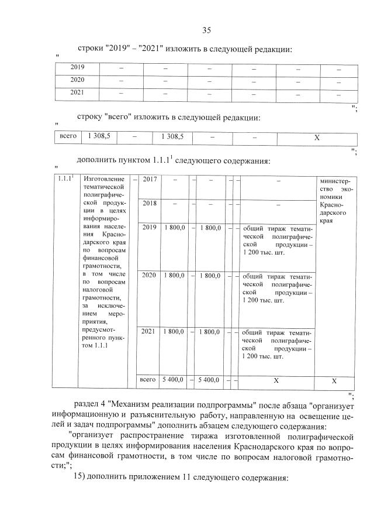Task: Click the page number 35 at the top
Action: coord(206,30)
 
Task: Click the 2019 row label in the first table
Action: coord(77,67)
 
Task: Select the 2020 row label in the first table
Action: coord(77,80)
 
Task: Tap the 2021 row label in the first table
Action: coord(77,92)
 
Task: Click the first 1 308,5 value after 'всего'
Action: coord(99,136)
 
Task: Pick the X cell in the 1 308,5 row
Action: coord(317,138)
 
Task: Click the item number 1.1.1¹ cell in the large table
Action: coord(65,178)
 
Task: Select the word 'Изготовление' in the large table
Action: coord(101,178)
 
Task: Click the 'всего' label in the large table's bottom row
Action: coord(148,380)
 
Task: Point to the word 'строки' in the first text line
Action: coord(89,49)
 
